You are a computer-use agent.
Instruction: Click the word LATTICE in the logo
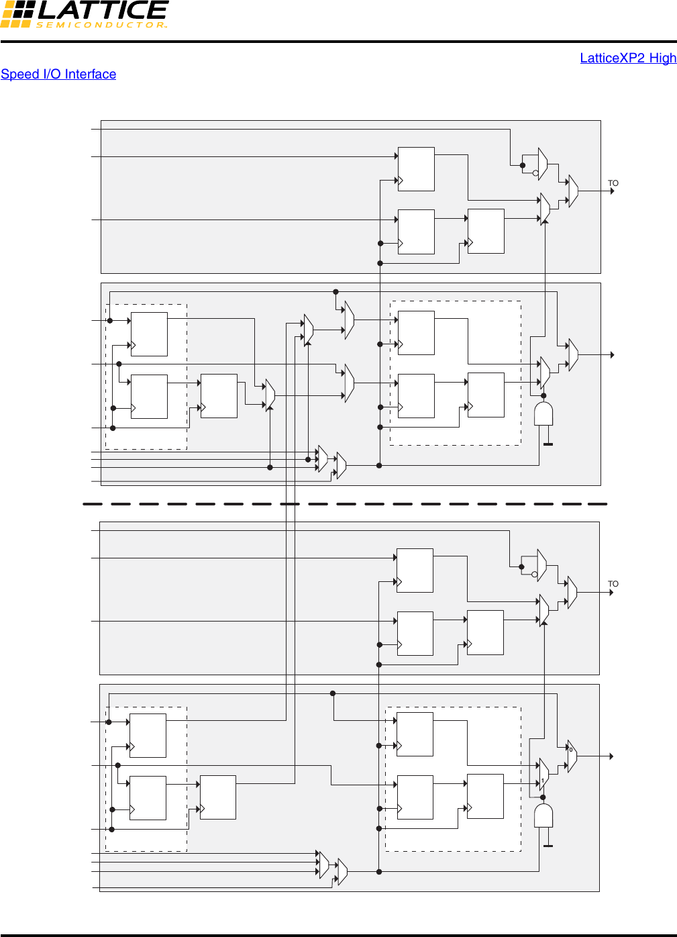tap(102, 10)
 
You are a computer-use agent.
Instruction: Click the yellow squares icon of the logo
tap(16, 14)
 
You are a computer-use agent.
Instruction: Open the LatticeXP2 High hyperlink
tap(628, 58)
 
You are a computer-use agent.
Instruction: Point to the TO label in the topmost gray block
tap(613, 183)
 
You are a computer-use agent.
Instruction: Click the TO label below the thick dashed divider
tap(613, 584)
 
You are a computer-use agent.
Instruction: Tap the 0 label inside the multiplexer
tap(571, 750)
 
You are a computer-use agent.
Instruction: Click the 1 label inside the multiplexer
tap(542, 781)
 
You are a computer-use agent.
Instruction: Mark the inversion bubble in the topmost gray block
tap(535, 173)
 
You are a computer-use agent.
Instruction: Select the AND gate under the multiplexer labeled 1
tap(543, 815)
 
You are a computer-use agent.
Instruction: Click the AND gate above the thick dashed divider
tap(543, 413)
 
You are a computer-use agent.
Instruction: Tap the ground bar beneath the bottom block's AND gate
tap(548, 846)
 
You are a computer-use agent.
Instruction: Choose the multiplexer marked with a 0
tap(572, 756)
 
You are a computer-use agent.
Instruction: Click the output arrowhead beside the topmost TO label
tap(612, 191)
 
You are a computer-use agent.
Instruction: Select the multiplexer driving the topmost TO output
tap(572, 191)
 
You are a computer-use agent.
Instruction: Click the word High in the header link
tap(663, 58)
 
